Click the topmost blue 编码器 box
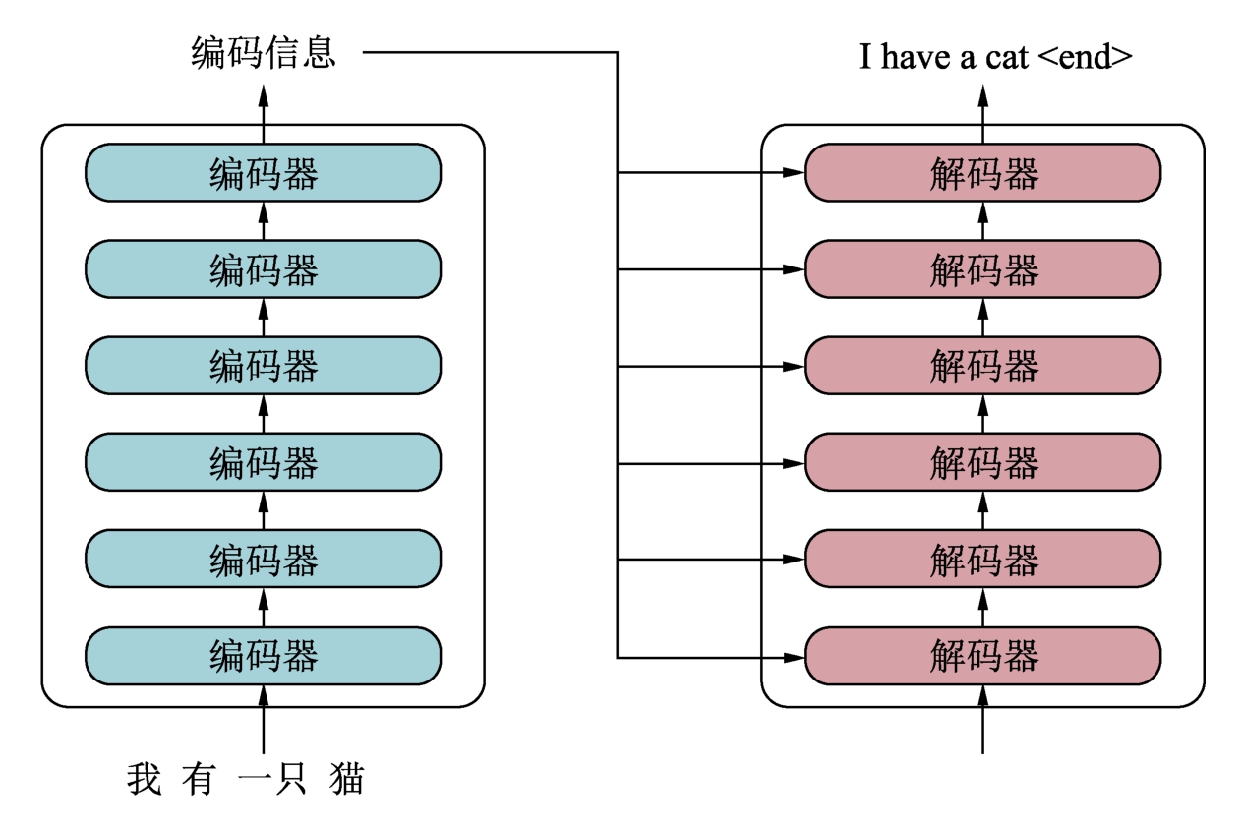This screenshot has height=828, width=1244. pos(263,173)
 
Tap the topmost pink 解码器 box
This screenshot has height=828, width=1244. pos(982,173)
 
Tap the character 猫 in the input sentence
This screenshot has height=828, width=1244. pos(346,779)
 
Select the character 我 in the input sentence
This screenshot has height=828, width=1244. pos(145,779)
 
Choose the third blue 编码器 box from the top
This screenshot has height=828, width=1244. pos(263,366)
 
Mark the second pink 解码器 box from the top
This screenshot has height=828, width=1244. pos(982,269)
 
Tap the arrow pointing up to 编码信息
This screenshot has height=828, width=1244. pos(263,103)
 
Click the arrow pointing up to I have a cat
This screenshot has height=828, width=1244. pos(982,103)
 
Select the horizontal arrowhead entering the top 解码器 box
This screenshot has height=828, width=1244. pos(795,174)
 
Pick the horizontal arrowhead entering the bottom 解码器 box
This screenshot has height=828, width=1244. pos(795,656)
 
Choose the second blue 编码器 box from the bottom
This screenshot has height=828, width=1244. pos(263,559)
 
